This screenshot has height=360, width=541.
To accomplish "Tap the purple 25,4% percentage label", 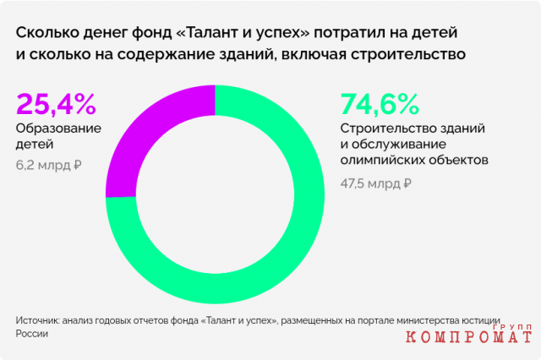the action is pyautogui.click(x=56, y=104).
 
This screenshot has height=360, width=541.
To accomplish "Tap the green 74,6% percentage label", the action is pyautogui.click(x=380, y=104).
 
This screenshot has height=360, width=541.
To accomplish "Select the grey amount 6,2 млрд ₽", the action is pyautogui.click(x=49, y=165).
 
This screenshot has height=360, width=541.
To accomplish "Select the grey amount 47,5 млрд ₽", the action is pyautogui.click(x=375, y=183).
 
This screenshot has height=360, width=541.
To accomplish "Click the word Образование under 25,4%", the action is pyautogui.click(x=58, y=128).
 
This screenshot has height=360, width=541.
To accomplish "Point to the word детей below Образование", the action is pyautogui.click(x=35, y=145).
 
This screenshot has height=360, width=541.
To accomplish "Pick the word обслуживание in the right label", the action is pyautogui.click(x=399, y=145).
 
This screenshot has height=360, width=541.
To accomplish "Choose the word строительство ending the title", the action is pyautogui.click(x=408, y=55).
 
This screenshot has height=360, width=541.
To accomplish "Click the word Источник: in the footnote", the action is pyautogui.click(x=37, y=320).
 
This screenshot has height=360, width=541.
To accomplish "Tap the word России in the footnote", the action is pyautogui.click(x=32, y=334).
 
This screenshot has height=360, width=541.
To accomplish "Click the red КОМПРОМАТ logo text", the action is pyautogui.click(x=468, y=337).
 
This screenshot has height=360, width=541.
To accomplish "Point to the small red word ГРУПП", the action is pyautogui.click(x=512, y=327).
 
